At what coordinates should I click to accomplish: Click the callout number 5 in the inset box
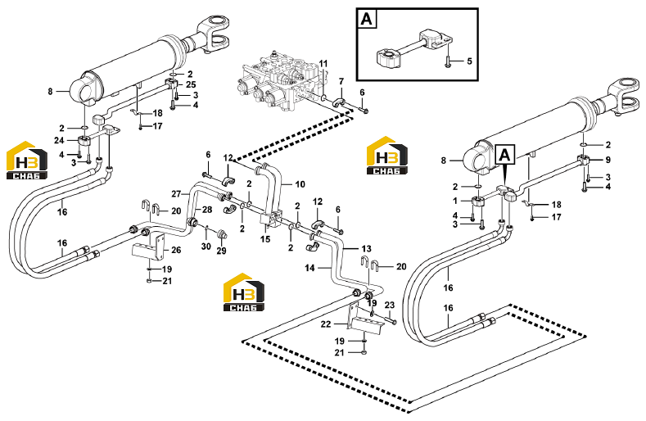point(469,61)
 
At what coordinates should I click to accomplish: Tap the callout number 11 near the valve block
point(323,64)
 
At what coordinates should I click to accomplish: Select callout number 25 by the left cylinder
point(191,84)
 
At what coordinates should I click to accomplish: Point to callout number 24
point(59,141)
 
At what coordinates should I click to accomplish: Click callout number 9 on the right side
point(608,160)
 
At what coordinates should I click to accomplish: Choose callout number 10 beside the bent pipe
point(300,184)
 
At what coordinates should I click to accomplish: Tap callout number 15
point(265,239)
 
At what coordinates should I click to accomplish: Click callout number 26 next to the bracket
point(176,250)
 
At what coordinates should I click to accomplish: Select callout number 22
point(326,324)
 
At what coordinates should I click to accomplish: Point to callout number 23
point(390,306)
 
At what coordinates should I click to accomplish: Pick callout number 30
point(206,247)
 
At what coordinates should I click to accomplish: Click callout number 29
point(221,251)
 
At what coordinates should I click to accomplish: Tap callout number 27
point(176,194)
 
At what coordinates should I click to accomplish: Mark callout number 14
point(309,268)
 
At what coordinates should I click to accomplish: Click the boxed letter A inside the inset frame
point(366,19)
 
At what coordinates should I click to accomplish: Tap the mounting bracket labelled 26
point(149,247)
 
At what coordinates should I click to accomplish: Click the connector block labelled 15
point(270,219)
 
